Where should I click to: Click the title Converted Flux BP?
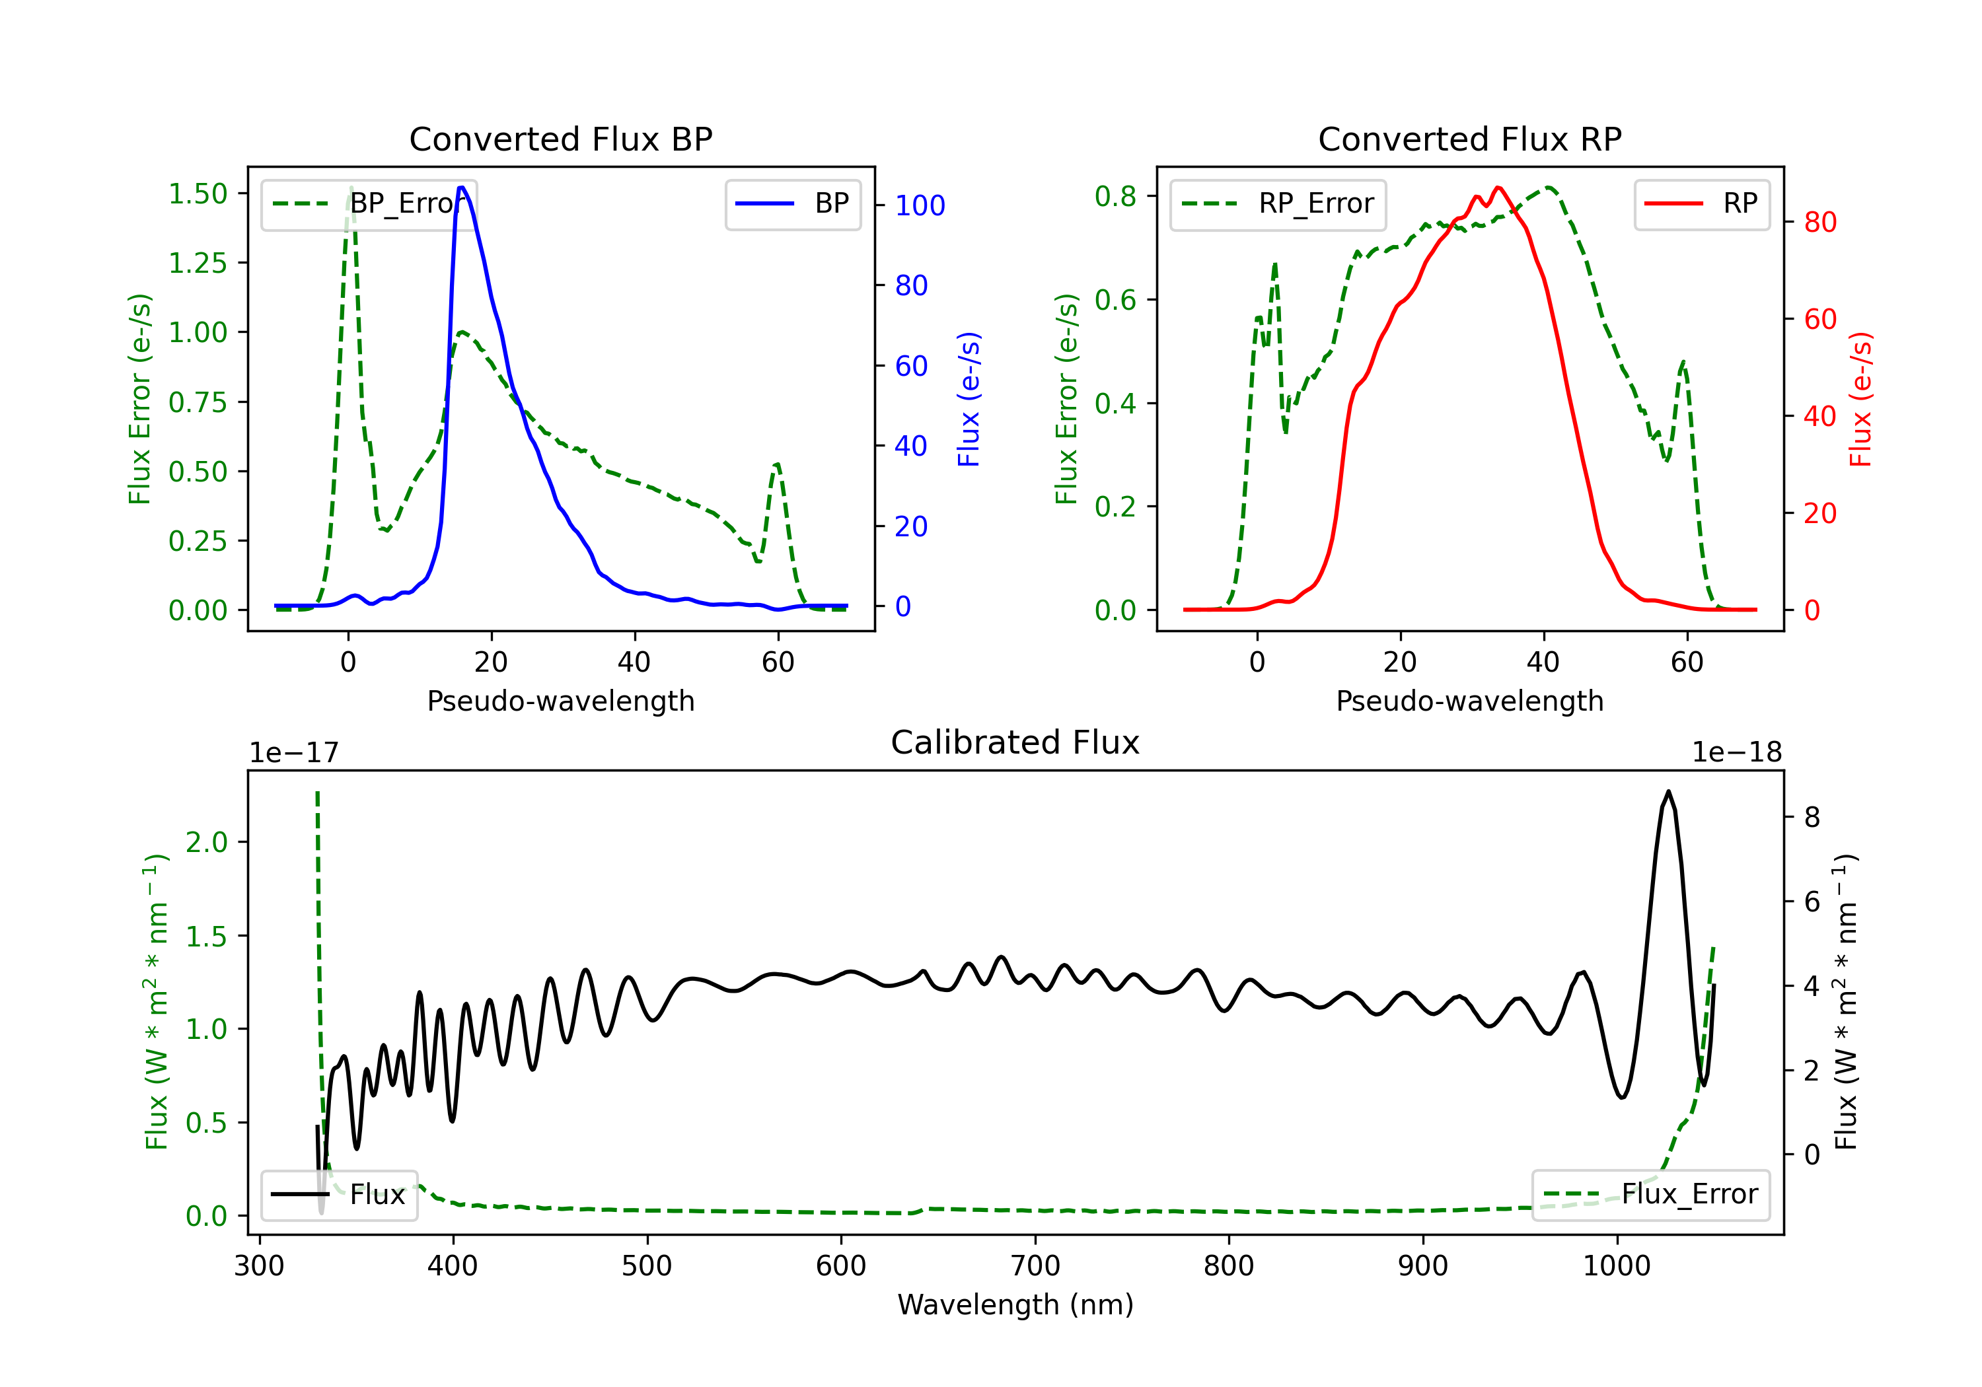tap(560, 139)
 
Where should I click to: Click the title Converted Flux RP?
tap(1469, 139)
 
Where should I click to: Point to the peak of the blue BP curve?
tap(462, 188)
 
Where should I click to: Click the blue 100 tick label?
tap(920, 205)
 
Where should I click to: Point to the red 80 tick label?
tap(1821, 223)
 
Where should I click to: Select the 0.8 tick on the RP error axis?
tap(1115, 196)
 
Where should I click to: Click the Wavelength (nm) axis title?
tap(1015, 1304)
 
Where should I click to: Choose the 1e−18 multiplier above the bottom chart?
tap(1737, 753)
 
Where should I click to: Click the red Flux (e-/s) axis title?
tap(1860, 399)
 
